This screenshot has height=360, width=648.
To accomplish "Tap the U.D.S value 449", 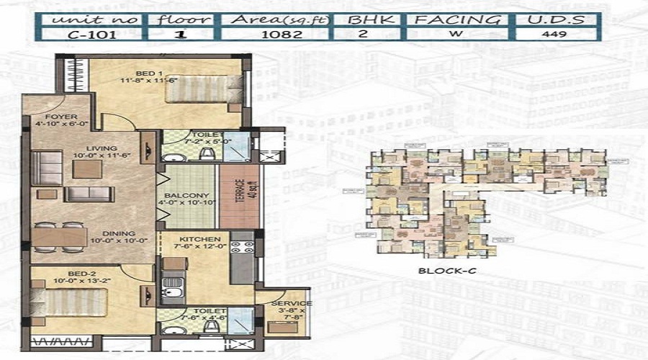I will [x=555, y=33].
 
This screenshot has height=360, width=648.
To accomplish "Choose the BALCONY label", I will [x=186, y=196].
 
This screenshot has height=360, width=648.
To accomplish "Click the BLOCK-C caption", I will [x=440, y=271].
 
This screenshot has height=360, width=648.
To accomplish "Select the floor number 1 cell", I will [x=183, y=33].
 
